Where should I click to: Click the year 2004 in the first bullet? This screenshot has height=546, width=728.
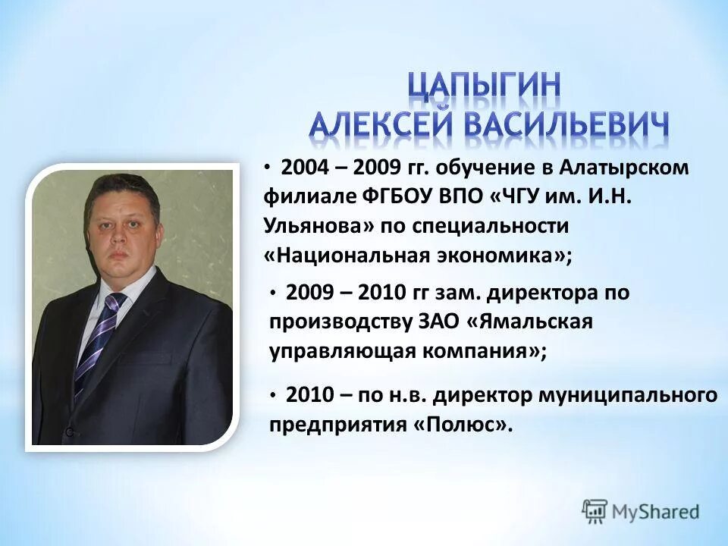305,168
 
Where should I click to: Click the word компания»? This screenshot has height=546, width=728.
469,351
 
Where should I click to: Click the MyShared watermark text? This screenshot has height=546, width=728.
657,511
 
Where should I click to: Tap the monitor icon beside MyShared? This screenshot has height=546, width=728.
595,510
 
